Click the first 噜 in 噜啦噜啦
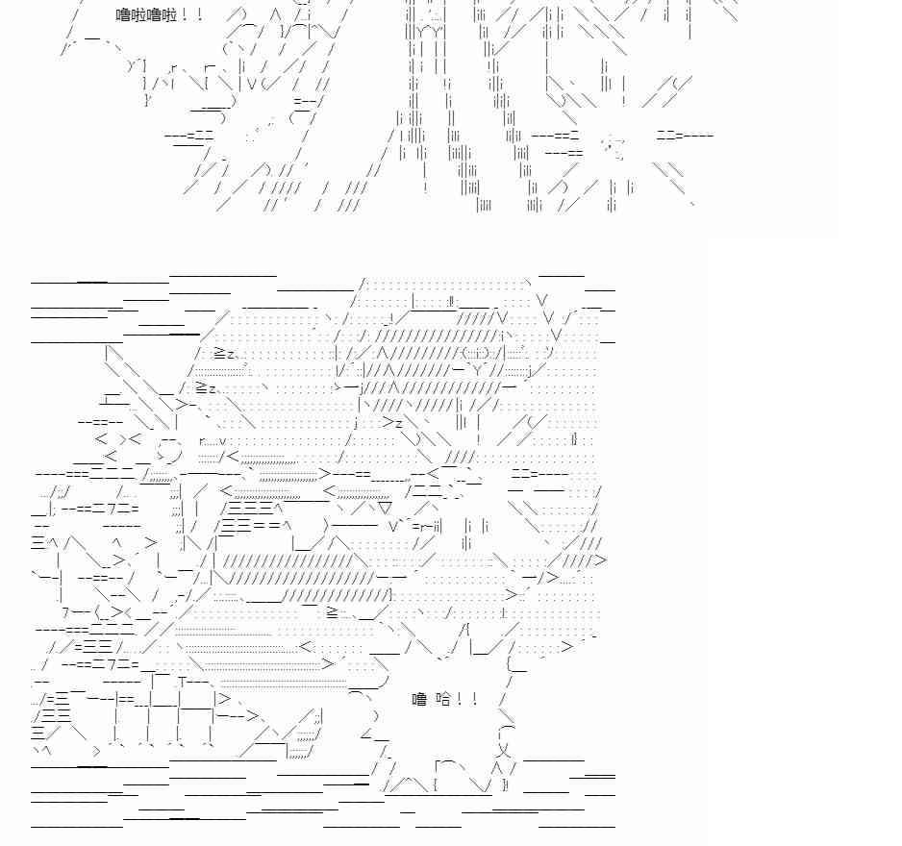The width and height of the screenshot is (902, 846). pos(123,14)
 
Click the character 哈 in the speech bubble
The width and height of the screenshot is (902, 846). pos(444,699)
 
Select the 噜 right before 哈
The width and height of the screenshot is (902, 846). pos(419,699)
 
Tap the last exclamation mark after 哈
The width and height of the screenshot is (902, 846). pos(475,699)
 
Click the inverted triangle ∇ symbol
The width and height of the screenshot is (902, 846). pos(385,509)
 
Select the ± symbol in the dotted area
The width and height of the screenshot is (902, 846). pos(503,612)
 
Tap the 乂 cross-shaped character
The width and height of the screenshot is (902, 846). pos(503,749)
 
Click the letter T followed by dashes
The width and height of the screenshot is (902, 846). pos(183,683)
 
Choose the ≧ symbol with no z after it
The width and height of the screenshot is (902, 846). pos(333,612)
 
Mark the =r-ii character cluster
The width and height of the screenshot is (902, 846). pos(427,526)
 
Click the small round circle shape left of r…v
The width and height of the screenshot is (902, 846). pos(168,449)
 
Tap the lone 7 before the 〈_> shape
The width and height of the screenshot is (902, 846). pos(65,613)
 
